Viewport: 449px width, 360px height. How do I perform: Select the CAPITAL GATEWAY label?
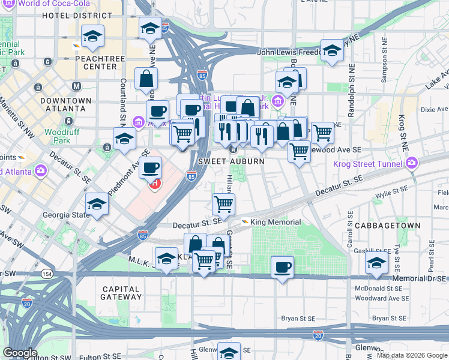pyautogui.click(x=112, y=293)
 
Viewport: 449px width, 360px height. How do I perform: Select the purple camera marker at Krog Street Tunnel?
pyautogui.click(x=411, y=163)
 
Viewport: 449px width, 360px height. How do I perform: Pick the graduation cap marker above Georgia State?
pyautogui.click(x=97, y=203)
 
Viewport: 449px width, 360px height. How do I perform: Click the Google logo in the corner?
pyautogui.click(x=20, y=353)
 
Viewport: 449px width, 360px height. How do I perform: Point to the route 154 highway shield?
pyautogui.click(x=46, y=274)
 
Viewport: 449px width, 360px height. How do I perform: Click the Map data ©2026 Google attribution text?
pyautogui.click(x=411, y=355)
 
